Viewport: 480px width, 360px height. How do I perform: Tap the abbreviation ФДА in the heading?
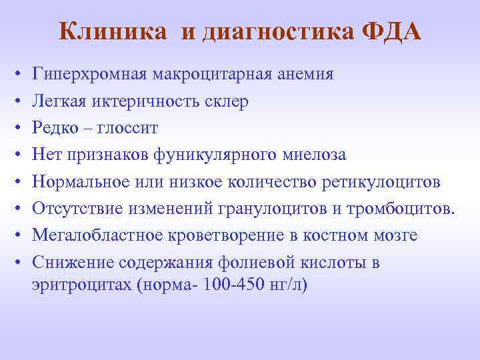pyautogui.click(x=393, y=31)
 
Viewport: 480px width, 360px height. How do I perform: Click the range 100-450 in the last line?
pyautogui.click(x=238, y=285)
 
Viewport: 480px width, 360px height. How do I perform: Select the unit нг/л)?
pyautogui.click(x=289, y=285)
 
